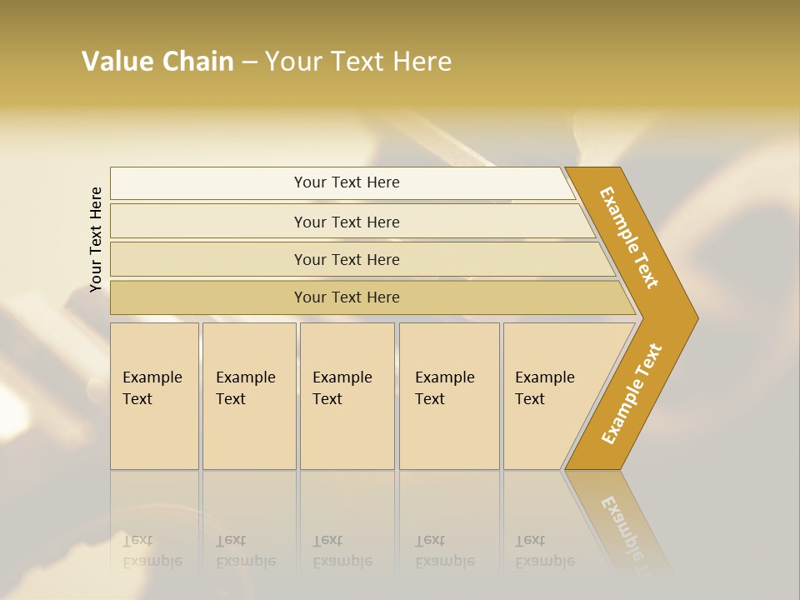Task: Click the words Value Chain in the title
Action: (x=157, y=62)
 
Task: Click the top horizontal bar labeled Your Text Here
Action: (x=347, y=182)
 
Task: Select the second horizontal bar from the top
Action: (x=347, y=222)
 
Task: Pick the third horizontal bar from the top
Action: (x=347, y=259)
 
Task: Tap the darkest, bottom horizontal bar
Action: (x=347, y=297)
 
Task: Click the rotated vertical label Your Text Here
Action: (x=96, y=239)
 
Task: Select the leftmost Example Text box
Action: (x=154, y=396)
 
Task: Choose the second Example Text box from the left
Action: (x=248, y=396)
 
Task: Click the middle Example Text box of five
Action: (x=347, y=396)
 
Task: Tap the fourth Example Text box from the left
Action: (x=448, y=396)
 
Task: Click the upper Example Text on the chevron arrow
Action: (x=629, y=237)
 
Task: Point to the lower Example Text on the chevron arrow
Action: (x=631, y=394)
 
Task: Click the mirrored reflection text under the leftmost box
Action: (x=152, y=551)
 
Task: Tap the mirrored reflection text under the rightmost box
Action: (x=545, y=551)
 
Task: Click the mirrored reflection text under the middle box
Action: (x=342, y=551)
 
